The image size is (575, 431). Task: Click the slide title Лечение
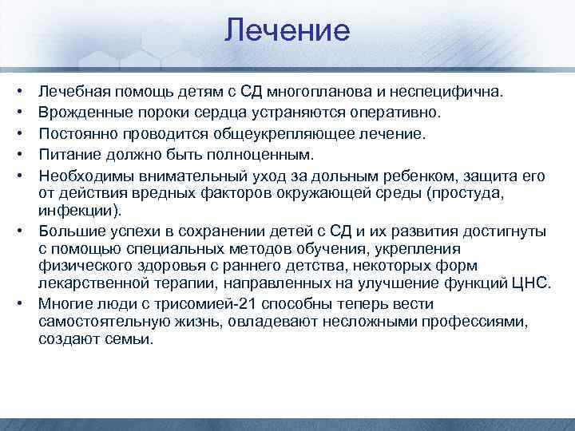(287, 31)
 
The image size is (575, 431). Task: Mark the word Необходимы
(77, 172)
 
